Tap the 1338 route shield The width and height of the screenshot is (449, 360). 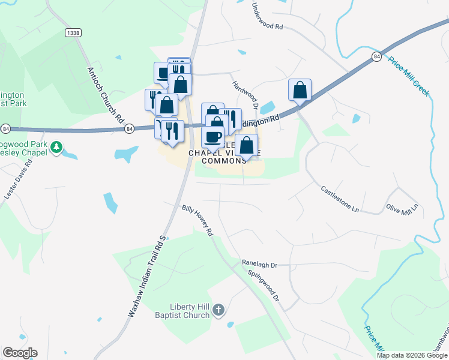pos(73,34)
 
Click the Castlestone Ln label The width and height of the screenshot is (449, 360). pos(339,199)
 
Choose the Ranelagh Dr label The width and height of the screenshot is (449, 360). pos(259,263)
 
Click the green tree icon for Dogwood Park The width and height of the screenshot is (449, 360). pos(56,146)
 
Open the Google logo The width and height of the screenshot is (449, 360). pos(20,353)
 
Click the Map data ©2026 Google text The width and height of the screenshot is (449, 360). pos(411,355)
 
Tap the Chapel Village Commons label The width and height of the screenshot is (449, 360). pos(217,157)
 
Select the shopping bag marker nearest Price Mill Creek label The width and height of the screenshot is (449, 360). pos(300,91)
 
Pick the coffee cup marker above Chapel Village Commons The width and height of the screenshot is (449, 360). pos(212,137)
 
